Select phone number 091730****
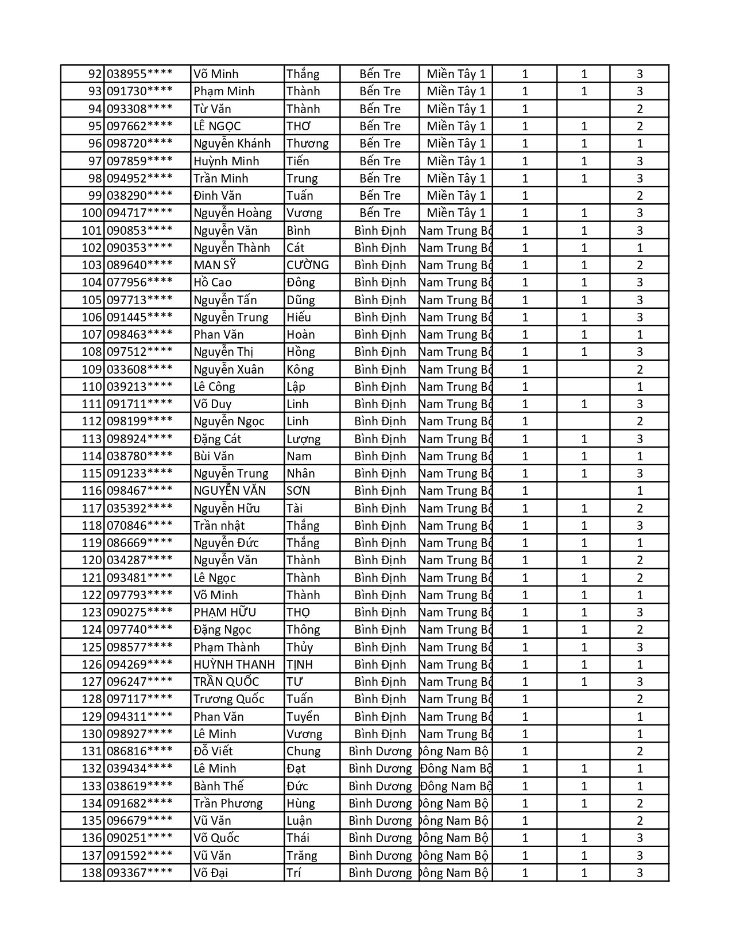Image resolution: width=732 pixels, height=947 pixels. point(140,91)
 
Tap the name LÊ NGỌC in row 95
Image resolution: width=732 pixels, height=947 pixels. point(217,126)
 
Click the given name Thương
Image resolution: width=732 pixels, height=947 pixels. point(307,143)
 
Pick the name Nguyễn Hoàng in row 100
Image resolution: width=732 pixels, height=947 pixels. point(233,213)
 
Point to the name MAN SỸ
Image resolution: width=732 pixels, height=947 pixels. point(215,265)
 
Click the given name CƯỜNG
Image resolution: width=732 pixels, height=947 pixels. point(308,265)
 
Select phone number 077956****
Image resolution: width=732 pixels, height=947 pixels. point(140,282)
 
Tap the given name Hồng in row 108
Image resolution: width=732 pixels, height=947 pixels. point(301,352)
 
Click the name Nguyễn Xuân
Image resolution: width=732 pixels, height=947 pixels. point(228,370)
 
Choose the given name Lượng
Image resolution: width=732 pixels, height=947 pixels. point(304,439)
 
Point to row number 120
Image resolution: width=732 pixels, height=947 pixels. point(92,560)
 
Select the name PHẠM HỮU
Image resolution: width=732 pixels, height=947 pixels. point(224,612)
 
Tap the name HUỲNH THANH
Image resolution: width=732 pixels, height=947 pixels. point(234,665)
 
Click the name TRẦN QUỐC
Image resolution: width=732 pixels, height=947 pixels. point(226,682)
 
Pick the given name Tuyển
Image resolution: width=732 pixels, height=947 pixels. point(303,717)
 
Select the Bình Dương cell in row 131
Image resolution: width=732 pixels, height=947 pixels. point(380,751)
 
